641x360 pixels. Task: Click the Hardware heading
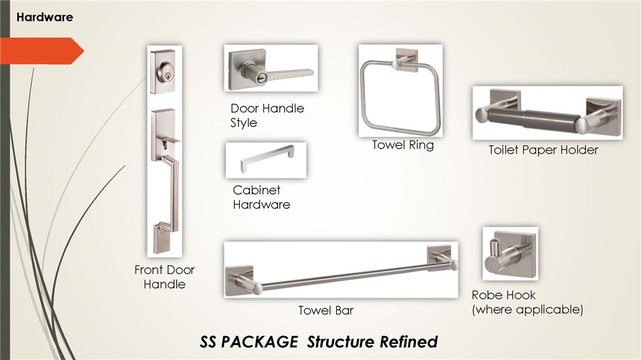[x=44, y=17]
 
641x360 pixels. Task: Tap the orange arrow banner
[x=41, y=50]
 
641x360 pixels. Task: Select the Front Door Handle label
[x=164, y=277]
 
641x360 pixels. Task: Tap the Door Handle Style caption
[x=267, y=115]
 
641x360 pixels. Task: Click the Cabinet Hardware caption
[x=261, y=197]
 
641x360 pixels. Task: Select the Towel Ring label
[x=403, y=145]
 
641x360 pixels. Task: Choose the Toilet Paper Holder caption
[x=543, y=150]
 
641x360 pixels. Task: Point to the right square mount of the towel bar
[x=440, y=256]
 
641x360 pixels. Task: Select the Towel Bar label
[x=326, y=311]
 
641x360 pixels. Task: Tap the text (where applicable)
[x=527, y=310]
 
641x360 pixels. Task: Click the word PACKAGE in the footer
[x=260, y=342]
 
